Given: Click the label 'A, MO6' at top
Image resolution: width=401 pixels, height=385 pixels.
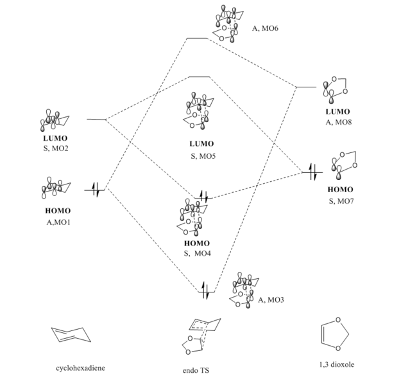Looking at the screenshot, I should click(x=265, y=28).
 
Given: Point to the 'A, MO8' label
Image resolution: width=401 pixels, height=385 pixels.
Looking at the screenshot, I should click(x=338, y=123).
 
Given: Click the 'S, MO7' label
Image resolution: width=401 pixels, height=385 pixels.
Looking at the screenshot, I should click(x=339, y=201).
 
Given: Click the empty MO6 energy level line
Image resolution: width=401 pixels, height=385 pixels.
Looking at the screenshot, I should click(x=196, y=39).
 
